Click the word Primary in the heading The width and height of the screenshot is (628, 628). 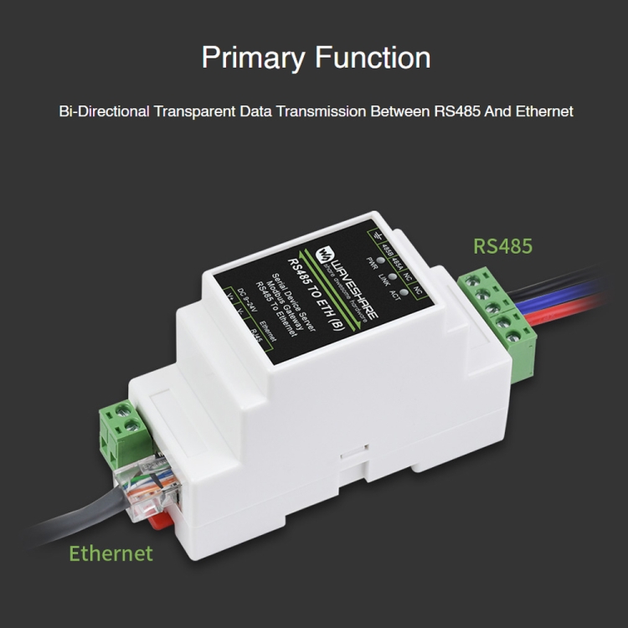tap(254, 58)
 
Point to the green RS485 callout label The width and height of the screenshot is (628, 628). tap(503, 246)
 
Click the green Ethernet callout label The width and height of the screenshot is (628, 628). tap(111, 553)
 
